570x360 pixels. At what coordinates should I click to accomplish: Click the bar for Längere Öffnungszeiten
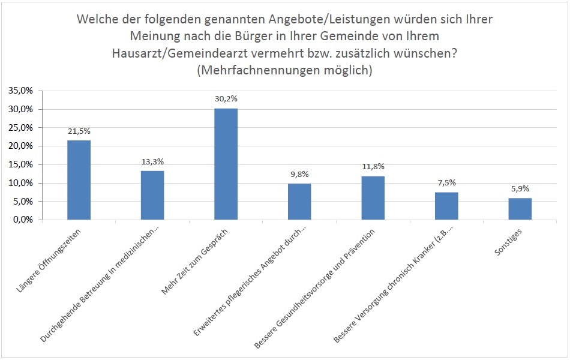pyautogui.click(x=79, y=180)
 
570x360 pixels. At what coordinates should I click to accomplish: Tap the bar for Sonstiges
pyautogui.click(x=520, y=209)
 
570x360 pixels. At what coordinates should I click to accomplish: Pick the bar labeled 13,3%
pyautogui.click(x=152, y=195)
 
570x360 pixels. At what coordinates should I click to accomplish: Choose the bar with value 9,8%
pyautogui.click(x=299, y=202)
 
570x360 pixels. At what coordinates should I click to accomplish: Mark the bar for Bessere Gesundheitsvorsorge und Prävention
pyautogui.click(x=373, y=198)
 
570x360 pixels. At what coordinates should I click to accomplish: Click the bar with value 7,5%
pyautogui.click(x=446, y=206)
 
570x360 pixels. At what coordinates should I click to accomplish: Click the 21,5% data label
pyautogui.click(x=79, y=131)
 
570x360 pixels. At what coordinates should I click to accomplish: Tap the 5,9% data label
pyautogui.click(x=520, y=188)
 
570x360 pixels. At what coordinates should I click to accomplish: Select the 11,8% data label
pyautogui.click(x=373, y=167)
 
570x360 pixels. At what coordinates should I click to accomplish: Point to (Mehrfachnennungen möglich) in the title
pyautogui.click(x=284, y=70)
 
